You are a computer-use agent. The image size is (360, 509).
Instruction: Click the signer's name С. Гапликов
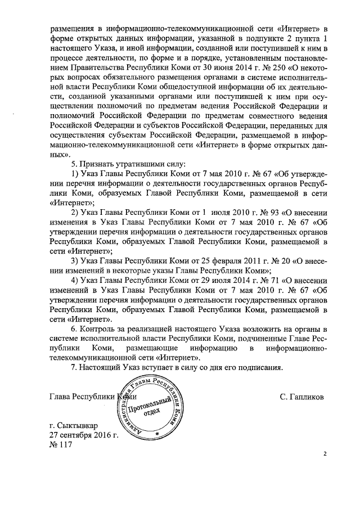[301, 397]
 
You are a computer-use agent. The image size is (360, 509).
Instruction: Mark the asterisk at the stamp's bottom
[157, 434]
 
